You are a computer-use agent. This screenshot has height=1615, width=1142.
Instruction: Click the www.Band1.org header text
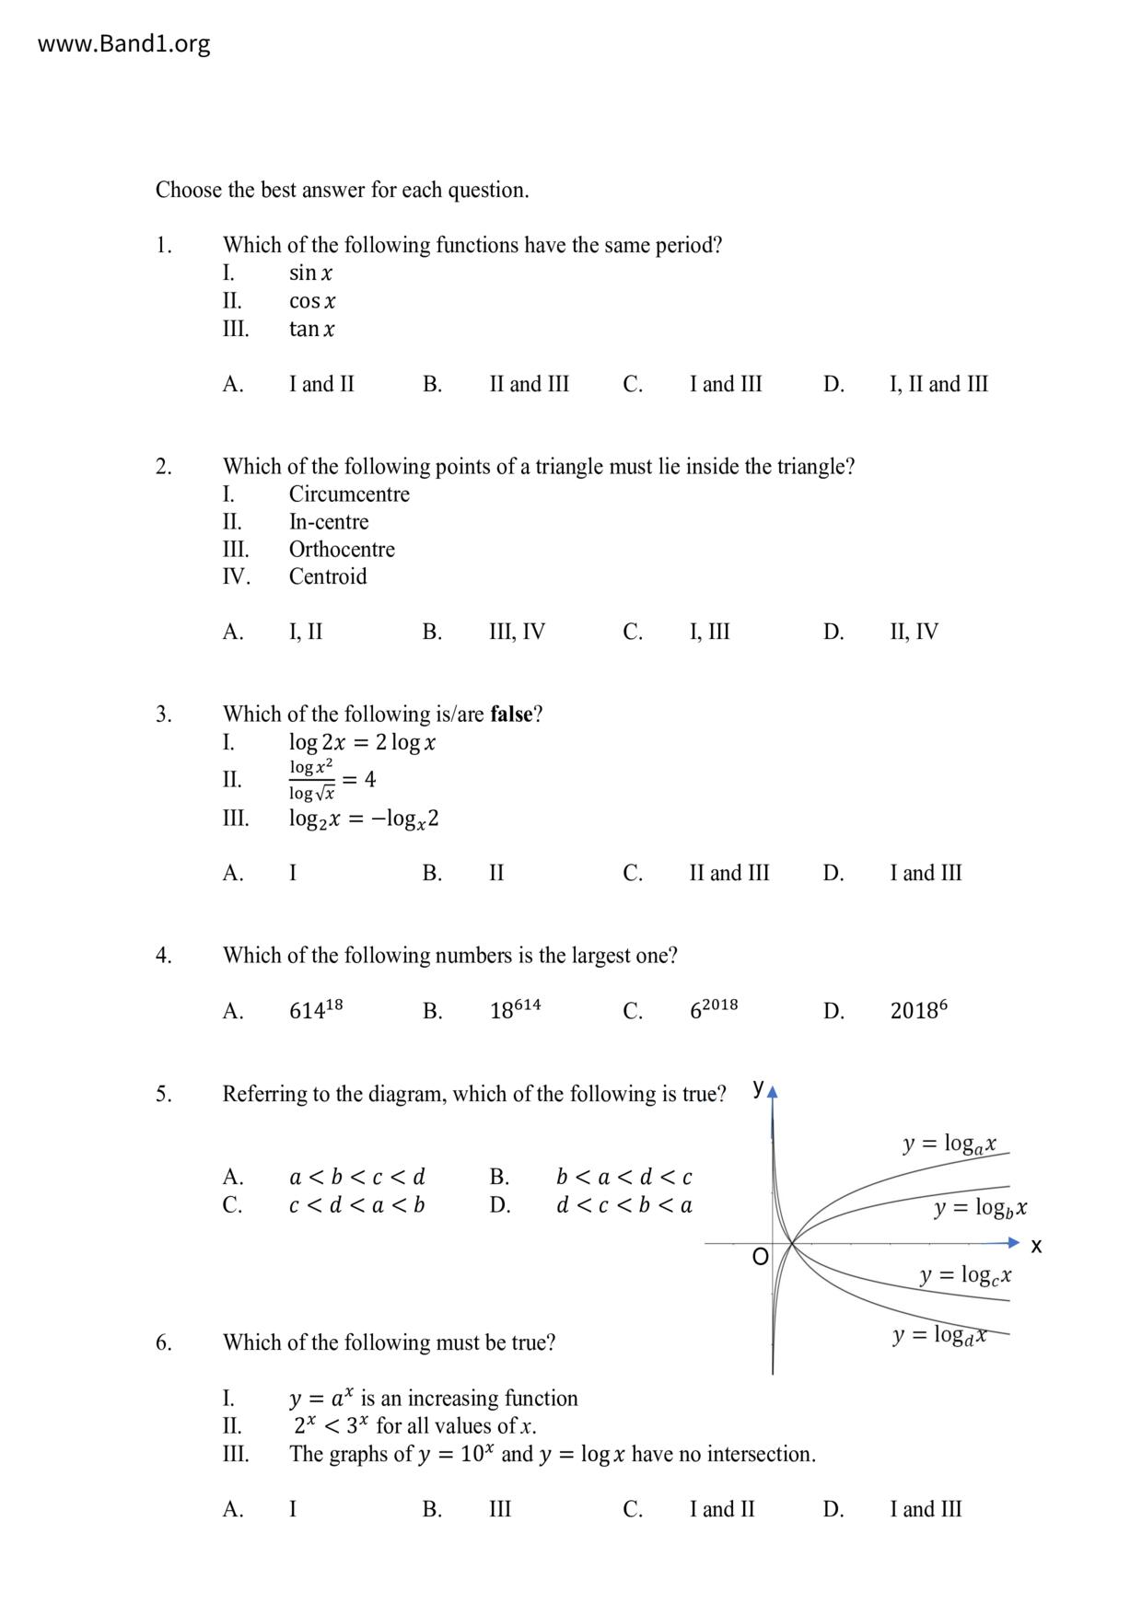click(123, 44)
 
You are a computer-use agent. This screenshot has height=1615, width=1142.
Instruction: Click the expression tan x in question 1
click(311, 329)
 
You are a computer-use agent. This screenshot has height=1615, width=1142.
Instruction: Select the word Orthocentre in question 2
click(342, 550)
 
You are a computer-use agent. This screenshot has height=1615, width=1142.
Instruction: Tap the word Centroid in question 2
click(328, 577)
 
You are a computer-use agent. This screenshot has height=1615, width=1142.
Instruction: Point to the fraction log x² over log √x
click(311, 780)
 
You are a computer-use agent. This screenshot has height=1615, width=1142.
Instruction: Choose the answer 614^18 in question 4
click(316, 1010)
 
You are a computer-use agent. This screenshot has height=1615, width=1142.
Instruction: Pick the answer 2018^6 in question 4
click(918, 1010)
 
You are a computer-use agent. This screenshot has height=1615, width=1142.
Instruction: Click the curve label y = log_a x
click(949, 1144)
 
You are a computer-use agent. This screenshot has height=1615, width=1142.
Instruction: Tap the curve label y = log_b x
click(980, 1208)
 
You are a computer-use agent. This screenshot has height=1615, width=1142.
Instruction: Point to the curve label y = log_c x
click(965, 1275)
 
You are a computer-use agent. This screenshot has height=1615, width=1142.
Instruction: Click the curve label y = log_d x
click(938, 1335)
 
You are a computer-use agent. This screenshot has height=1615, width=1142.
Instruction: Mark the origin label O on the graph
click(760, 1258)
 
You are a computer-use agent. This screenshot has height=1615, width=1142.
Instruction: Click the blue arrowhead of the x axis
click(1014, 1243)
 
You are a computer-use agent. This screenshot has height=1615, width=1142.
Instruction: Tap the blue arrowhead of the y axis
click(773, 1093)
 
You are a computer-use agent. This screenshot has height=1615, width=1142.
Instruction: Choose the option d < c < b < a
click(623, 1205)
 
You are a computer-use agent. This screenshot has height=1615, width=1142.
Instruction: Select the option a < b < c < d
click(356, 1178)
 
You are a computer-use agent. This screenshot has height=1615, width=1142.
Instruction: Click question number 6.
click(163, 1342)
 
